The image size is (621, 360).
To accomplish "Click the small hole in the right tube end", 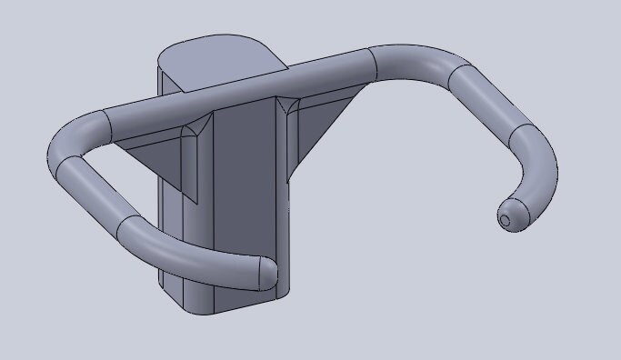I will [506, 219].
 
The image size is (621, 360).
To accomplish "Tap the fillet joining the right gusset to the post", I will [291, 145].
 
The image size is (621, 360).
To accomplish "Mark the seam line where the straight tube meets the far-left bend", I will [106, 123].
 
